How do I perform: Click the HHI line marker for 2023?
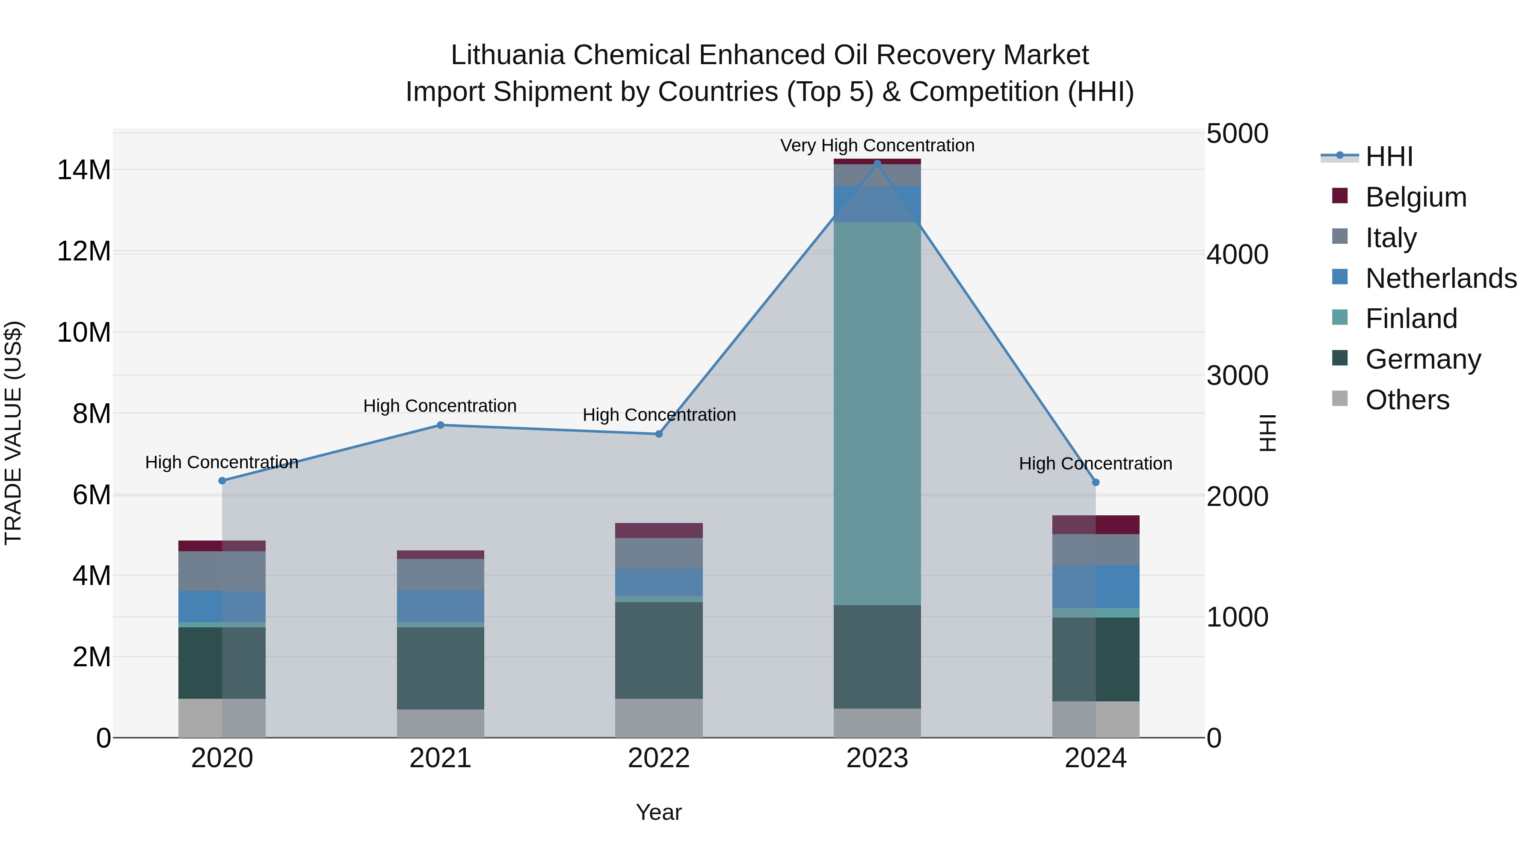[877, 163]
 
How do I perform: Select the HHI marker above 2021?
[440, 425]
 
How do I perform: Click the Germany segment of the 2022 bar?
[659, 650]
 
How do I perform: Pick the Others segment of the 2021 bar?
[440, 723]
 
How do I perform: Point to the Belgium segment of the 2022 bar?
[659, 530]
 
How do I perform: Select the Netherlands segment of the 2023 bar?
[877, 204]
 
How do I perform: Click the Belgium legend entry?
[1416, 197]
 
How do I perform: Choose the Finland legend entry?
[1411, 319]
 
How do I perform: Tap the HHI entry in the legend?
[1389, 157]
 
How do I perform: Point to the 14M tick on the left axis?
[84, 170]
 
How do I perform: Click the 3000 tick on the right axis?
[1237, 376]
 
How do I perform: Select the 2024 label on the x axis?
[1095, 758]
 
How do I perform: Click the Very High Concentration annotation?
[877, 145]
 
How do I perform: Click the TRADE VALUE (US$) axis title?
[13, 433]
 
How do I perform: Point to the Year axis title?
[658, 812]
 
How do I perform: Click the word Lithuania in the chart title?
[507, 55]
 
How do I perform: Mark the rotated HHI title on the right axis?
[1267, 433]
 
